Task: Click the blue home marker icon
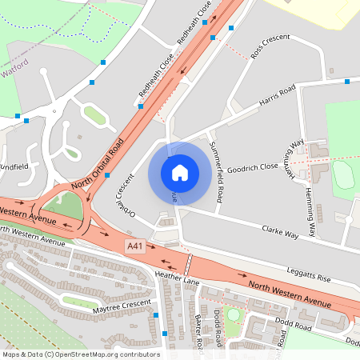179,173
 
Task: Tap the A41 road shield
137,248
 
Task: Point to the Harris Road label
277,94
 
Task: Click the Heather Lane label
176,277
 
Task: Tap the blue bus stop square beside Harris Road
347,81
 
